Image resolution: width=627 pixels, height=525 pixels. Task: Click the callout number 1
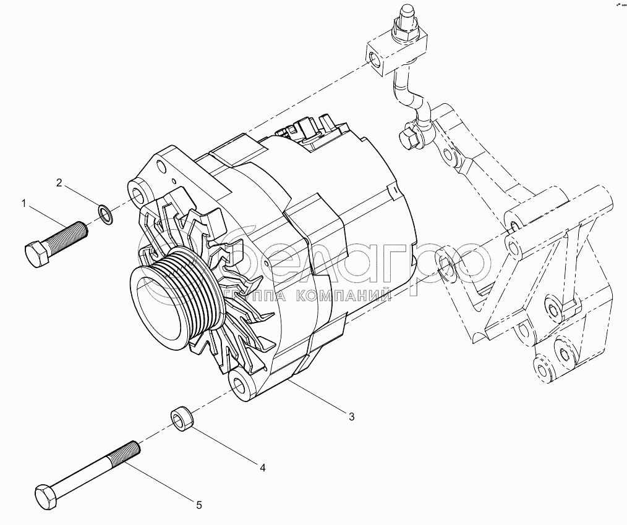[x=24, y=204]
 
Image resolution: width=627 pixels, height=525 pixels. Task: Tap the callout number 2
[x=59, y=183]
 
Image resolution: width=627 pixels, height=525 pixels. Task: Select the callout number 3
[x=351, y=417]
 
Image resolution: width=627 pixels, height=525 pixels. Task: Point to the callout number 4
[x=263, y=468]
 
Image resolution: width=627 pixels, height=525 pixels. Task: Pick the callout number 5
[x=198, y=505]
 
